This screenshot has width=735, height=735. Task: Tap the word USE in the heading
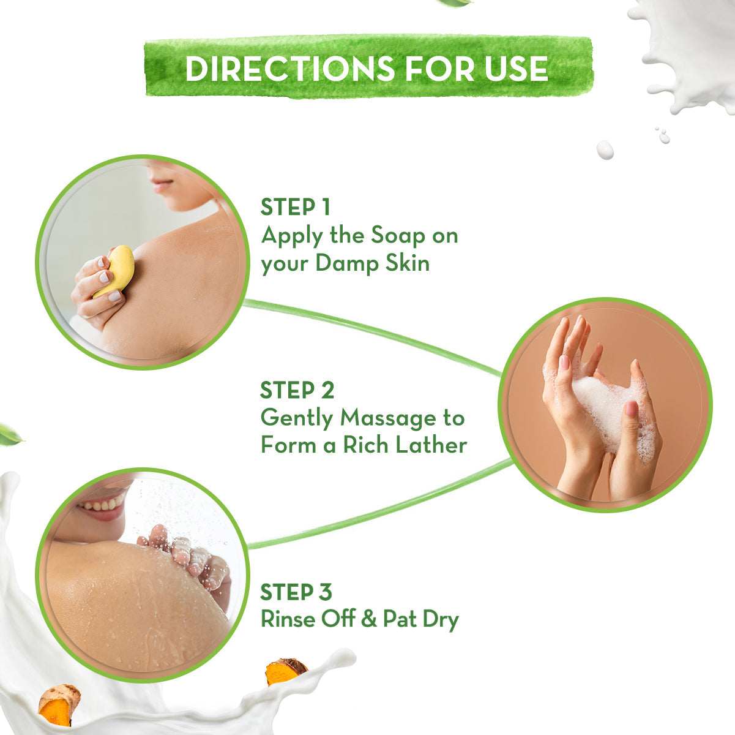515,68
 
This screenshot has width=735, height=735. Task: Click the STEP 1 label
295,207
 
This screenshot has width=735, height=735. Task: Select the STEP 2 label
297,390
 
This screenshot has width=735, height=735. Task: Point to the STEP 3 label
296,592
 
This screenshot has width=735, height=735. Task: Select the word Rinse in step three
285,619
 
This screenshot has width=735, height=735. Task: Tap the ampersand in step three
368,620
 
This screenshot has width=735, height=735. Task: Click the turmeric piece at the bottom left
59,704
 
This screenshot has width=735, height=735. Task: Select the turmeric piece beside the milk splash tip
285,670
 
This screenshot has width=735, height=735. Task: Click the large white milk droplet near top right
605,149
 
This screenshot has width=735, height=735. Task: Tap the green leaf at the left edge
9,434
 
